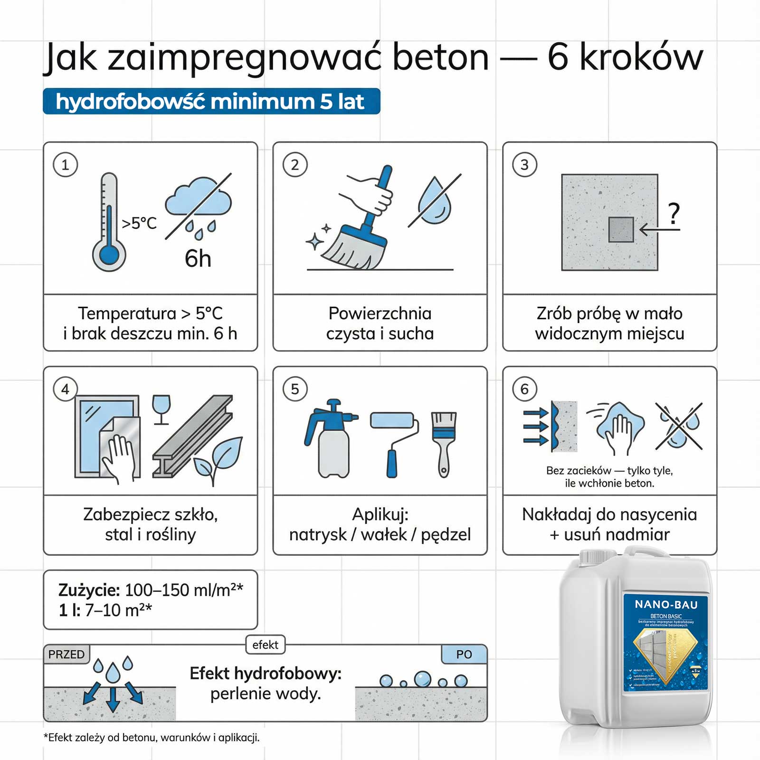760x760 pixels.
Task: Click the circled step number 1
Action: (x=66, y=165)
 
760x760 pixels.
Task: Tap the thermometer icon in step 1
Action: (x=109, y=223)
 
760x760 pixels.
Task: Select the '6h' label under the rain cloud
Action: (x=198, y=259)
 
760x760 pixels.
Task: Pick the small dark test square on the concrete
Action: (x=621, y=229)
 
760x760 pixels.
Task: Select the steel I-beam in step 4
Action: (x=192, y=437)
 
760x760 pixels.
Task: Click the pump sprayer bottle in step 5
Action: (x=331, y=439)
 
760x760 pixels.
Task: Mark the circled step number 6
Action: (x=525, y=389)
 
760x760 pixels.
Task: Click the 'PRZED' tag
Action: (x=66, y=655)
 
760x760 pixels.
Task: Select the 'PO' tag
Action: (x=464, y=655)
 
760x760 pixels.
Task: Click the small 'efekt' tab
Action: (x=266, y=645)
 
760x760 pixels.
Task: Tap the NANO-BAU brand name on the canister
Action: (x=666, y=605)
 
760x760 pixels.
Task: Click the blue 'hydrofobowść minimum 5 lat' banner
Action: (x=211, y=102)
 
